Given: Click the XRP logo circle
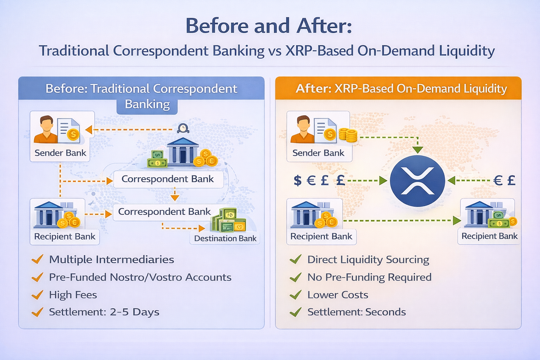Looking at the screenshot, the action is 417,181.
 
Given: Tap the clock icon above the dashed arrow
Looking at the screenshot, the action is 183,128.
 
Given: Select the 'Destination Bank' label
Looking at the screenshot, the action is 225,238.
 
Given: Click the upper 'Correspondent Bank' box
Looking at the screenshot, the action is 168,179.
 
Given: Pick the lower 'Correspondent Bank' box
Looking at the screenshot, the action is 164,212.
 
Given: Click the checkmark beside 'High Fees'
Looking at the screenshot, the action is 37,294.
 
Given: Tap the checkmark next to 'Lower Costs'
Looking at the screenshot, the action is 296,294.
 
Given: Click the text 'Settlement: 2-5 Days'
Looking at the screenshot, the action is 104,312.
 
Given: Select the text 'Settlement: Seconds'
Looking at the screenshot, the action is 356,312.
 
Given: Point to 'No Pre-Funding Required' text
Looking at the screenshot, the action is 369,277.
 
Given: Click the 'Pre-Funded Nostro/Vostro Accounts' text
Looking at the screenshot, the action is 140,277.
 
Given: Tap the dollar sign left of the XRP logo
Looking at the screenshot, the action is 298,180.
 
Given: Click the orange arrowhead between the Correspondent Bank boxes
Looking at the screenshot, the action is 174,198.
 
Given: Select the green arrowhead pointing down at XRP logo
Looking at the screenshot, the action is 418,150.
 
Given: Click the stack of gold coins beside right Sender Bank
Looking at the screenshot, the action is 348,135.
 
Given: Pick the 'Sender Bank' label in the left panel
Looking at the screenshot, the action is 60,153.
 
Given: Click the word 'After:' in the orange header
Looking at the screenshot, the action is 313,89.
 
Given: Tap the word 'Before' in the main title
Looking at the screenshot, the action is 217,26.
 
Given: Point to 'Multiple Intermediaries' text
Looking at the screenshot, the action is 111,260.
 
